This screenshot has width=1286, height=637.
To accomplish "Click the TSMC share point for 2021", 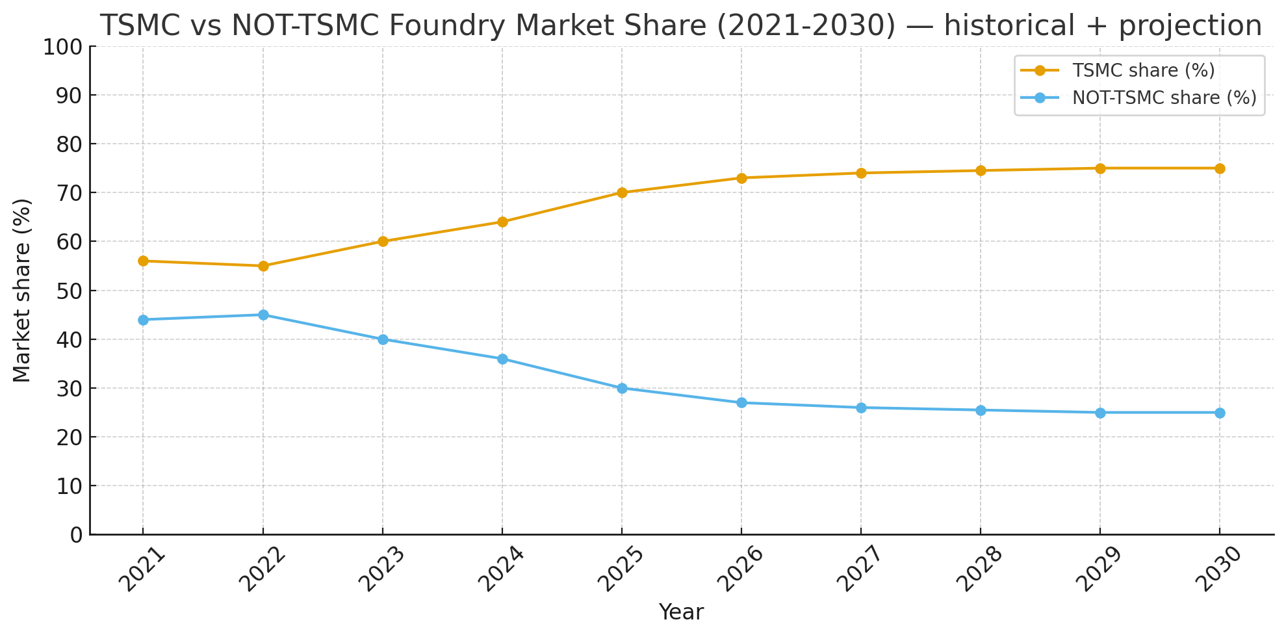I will click(143, 261).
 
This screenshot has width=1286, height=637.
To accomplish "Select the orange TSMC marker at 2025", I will click(622, 192).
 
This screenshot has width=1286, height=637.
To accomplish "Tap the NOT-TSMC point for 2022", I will click(263, 315).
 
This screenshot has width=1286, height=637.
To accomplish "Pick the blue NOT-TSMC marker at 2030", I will click(1220, 413).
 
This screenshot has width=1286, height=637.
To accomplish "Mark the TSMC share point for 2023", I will click(383, 241).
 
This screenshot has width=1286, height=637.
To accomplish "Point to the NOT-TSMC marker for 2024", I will click(502, 359).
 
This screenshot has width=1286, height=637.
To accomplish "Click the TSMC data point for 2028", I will click(981, 171).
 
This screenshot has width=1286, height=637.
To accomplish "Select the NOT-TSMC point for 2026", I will click(741, 403).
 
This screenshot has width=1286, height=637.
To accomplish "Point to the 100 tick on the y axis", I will click(62, 47).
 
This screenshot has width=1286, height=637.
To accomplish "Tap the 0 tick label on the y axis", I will click(77, 535).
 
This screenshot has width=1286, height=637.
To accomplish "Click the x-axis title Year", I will click(681, 612).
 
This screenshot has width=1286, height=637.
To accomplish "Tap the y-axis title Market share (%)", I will click(23, 291).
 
